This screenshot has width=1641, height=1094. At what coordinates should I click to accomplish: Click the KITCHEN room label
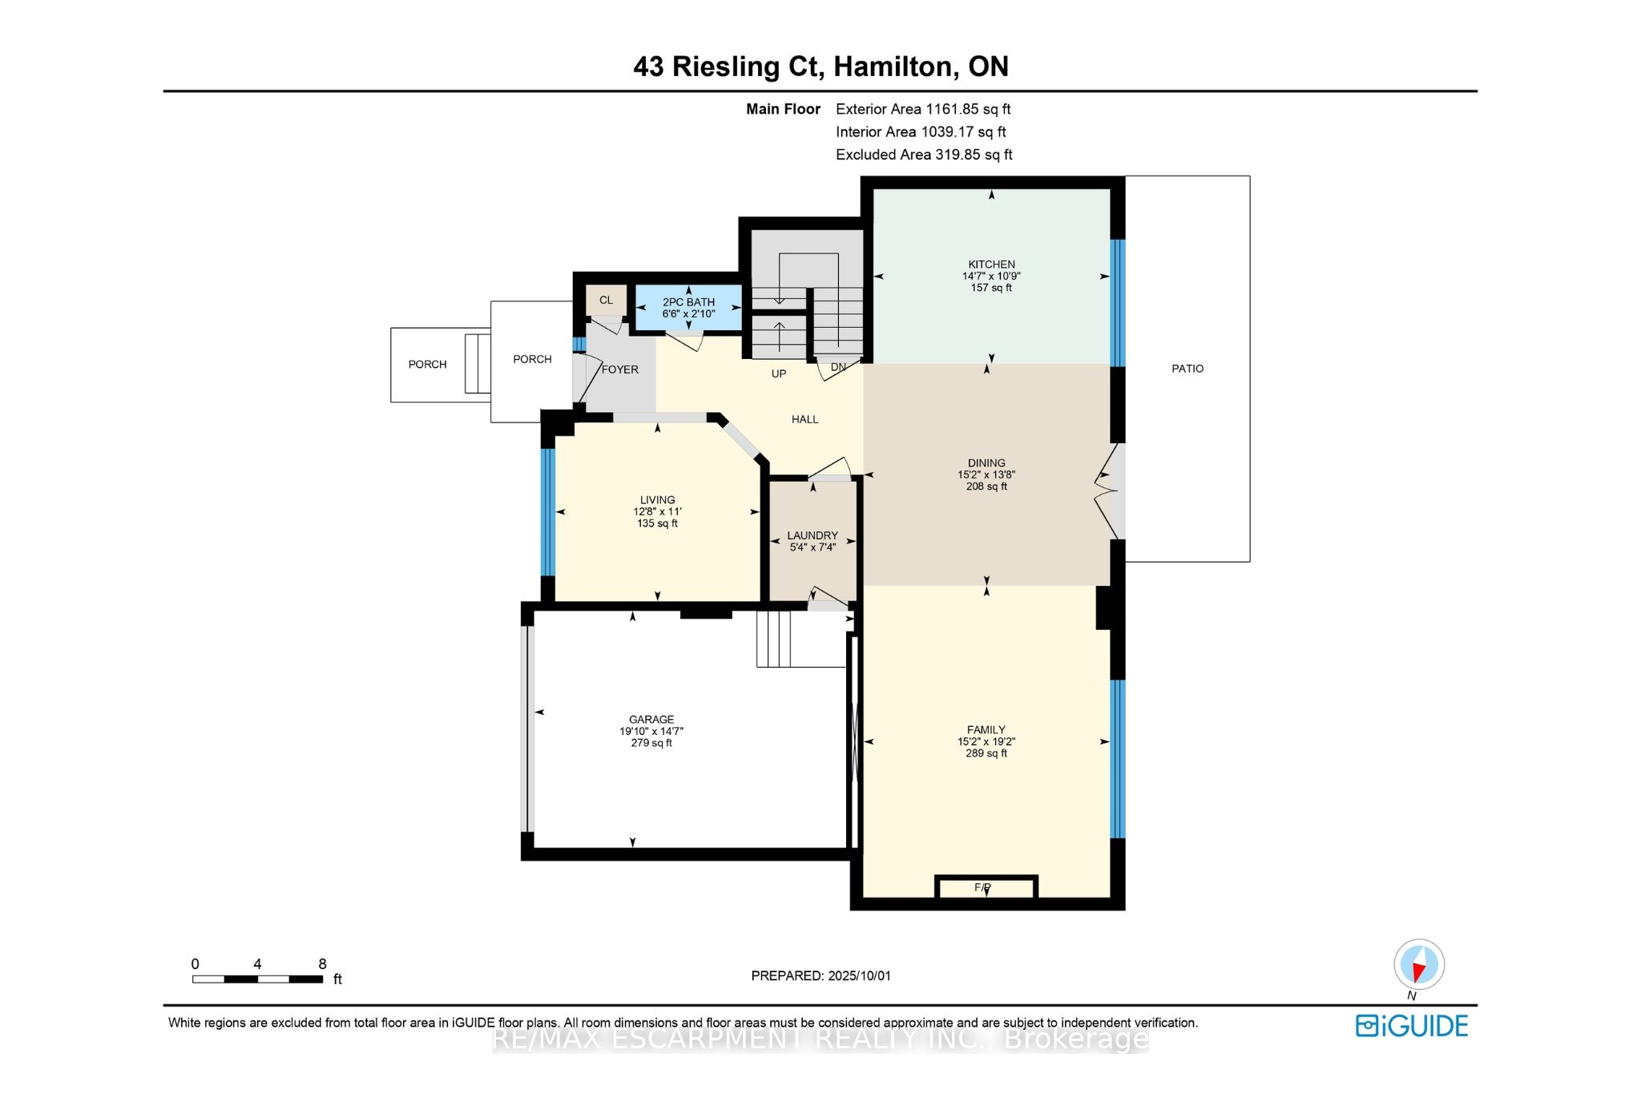click(x=991, y=264)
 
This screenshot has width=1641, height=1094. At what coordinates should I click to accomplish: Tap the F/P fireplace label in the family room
click(x=982, y=887)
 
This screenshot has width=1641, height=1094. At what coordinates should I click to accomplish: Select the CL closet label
click(x=606, y=301)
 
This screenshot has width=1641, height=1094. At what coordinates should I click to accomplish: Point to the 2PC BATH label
click(x=688, y=302)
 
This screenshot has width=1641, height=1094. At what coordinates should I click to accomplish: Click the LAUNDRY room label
click(x=812, y=535)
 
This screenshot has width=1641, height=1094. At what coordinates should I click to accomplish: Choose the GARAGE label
click(x=651, y=720)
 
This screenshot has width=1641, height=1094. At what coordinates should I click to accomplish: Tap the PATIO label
click(x=1187, y=369)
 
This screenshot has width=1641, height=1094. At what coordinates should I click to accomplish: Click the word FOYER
click(x=620, y=369)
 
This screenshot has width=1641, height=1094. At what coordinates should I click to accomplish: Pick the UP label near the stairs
click(x=779, y=373)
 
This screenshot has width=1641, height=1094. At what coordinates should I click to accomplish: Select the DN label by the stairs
click(x=838, y=367)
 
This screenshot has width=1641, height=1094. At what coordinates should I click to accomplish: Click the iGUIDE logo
click(x=1412, y=1026)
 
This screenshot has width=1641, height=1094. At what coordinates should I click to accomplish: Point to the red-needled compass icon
click(x=1419, y=964)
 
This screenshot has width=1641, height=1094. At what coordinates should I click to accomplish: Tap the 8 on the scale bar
click(x=322, y=964)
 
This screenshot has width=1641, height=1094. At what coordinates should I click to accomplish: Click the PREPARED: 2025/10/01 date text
click(x=820, y=975)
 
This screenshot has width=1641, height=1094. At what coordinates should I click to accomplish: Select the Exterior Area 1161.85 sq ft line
click(x=923, y=109)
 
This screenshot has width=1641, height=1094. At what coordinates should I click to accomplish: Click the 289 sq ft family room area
click(x=986, y=753)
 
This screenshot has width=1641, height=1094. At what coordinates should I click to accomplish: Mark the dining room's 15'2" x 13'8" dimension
click(x=986, y=474)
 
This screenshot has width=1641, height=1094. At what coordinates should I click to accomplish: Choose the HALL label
click(x=805, y=419)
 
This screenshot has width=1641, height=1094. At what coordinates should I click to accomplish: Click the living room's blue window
click(x=548, y=512)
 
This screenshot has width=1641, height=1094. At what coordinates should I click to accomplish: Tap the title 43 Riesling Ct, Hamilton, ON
click(x=820, y=67)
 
